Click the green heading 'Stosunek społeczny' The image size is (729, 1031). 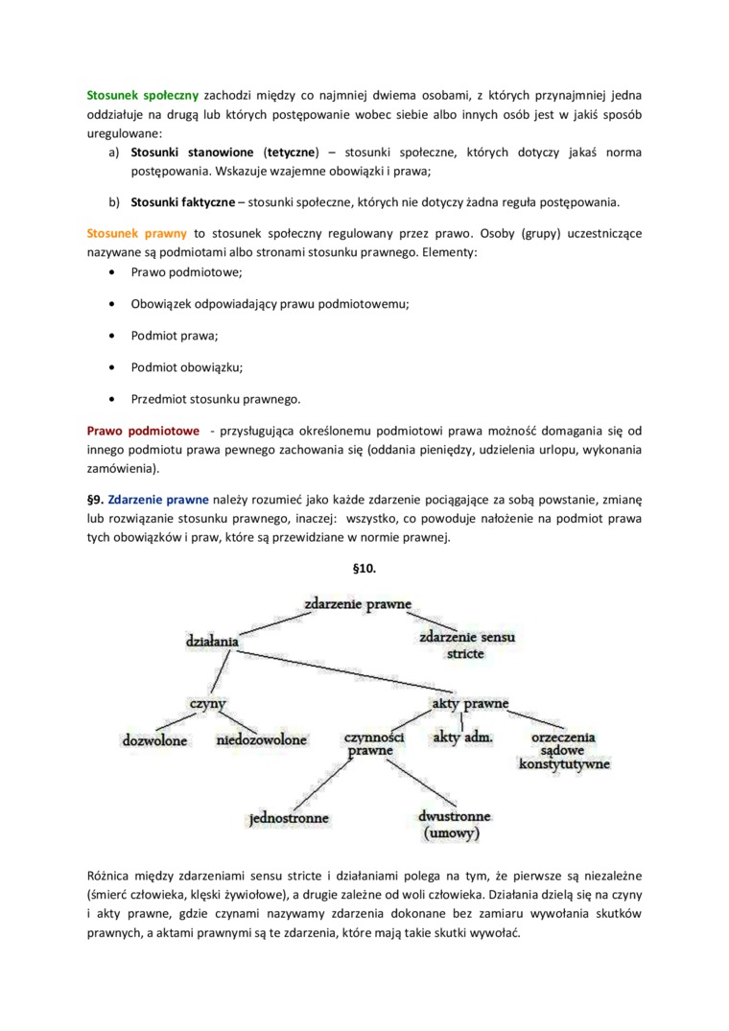click(x=142, y=96)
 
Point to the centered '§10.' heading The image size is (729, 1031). click(x=364, y=569)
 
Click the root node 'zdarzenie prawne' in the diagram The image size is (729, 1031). click(x=358, y=604)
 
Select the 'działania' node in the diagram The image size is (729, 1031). click(x=212, y=639)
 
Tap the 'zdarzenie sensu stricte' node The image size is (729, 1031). click(x=465, y=644)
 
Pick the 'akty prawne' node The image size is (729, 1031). click(x=464, y=703)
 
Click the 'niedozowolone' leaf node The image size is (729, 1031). click(x=262, y=739)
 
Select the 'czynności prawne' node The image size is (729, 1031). click(x=374, y=745)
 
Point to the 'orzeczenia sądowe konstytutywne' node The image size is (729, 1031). click(x=564, y=751)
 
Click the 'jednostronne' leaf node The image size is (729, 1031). click(x=289, y=818)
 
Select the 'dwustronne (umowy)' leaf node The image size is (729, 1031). click(x=455, y=825)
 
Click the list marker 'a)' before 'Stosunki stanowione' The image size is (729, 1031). click(x=113, y=153)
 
